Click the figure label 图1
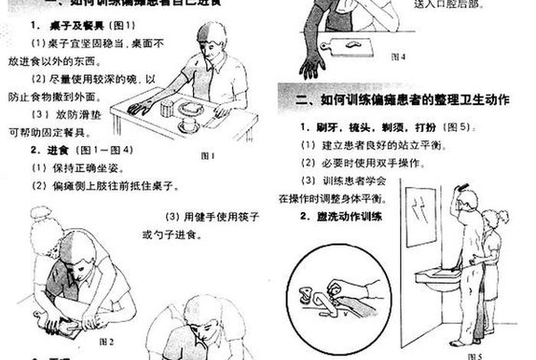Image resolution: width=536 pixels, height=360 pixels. click(x=208, y=155)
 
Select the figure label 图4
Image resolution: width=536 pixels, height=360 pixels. click(x=398, y=56)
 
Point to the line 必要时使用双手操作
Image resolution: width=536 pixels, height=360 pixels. click(x=363, y=162)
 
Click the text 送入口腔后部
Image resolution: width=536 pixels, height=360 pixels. click(x=451, y=4)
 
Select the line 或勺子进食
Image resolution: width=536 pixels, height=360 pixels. click(x=170, y=234)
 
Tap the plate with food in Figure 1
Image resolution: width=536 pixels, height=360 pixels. click(x=191, y=108)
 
